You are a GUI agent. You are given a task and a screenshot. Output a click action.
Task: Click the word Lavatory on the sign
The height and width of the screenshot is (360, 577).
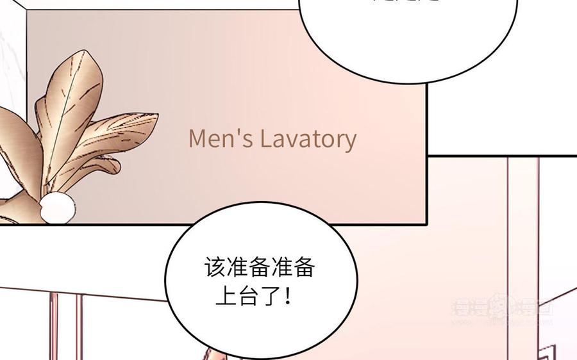308,139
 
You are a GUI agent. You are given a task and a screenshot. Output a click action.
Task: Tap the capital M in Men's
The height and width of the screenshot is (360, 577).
197,138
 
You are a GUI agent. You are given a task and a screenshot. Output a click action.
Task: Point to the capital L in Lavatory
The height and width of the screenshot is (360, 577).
265,138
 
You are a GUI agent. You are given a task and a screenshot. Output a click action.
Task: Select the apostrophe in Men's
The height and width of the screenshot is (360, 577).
240,133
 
